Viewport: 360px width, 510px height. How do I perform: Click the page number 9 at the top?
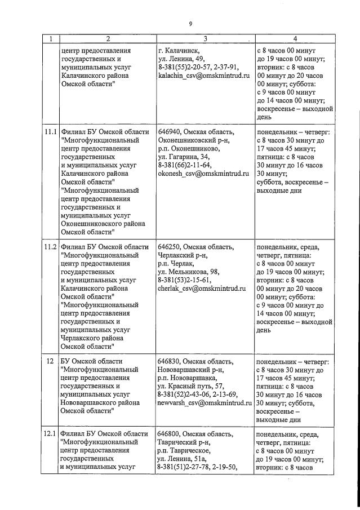pyautogui.click(x=190, y=23)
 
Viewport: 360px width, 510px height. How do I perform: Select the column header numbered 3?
pyautogui.click(x=205, y=39)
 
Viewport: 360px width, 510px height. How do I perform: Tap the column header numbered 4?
pyautogui.click(x=295, y=39)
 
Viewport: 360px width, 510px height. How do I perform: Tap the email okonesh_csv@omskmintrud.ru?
pyautogui.click(x=203, y=174)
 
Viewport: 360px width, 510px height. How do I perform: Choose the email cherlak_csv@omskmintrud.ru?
pyautogui.click(x=202, y=289)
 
